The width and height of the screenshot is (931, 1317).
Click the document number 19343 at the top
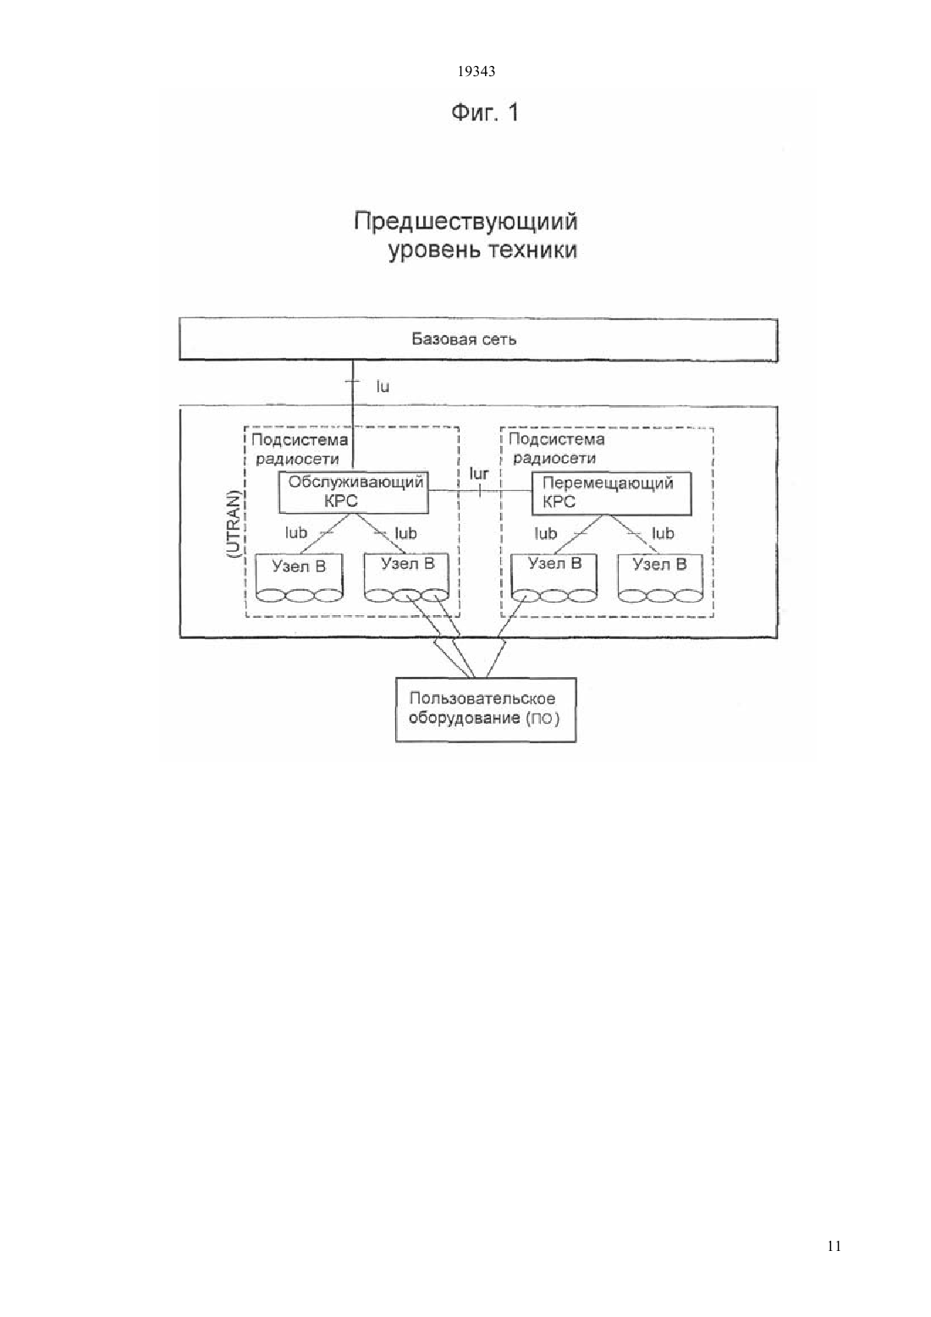click(476, 72)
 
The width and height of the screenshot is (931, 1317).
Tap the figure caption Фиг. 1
click(485, 112)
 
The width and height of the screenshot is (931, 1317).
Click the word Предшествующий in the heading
click(465, 223)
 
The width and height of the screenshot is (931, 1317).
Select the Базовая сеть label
click(464, 339)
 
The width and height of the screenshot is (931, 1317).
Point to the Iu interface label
click(383, 386)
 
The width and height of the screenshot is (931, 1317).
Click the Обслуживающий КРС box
click(353, 492)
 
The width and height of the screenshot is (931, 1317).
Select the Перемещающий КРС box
click(611, 493)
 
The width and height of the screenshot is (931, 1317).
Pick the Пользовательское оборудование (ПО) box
click(486, 709)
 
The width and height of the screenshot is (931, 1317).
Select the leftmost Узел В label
click(299, 566)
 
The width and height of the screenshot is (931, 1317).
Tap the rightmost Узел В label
click(659, 565)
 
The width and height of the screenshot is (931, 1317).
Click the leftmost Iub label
click(296, 532)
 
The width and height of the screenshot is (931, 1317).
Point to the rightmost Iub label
click(663, 533)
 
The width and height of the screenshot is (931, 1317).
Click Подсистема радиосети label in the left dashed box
click(300, 449)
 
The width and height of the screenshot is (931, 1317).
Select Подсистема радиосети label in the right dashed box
click(556, 448)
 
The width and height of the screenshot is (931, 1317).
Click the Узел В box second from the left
click(407, 577)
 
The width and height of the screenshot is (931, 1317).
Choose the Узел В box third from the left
click(554, 577)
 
